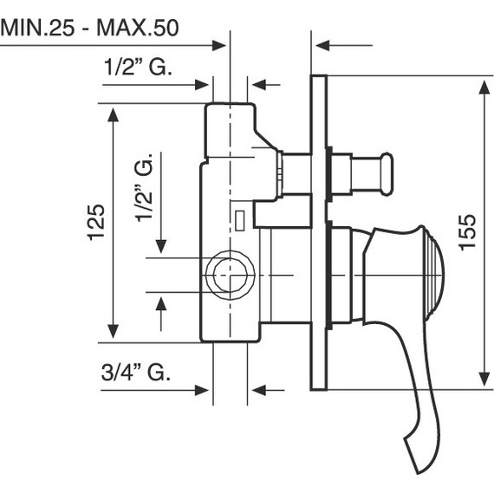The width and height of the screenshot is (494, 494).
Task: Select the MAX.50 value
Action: [x=140, y=27]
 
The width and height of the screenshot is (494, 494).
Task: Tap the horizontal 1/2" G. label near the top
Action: [x=137, y=67]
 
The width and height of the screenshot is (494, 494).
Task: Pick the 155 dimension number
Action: [x=467, y=232]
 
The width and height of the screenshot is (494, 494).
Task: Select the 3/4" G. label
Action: [x=134, y=373]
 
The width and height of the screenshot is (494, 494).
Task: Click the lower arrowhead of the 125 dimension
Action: [x=112, y=333]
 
